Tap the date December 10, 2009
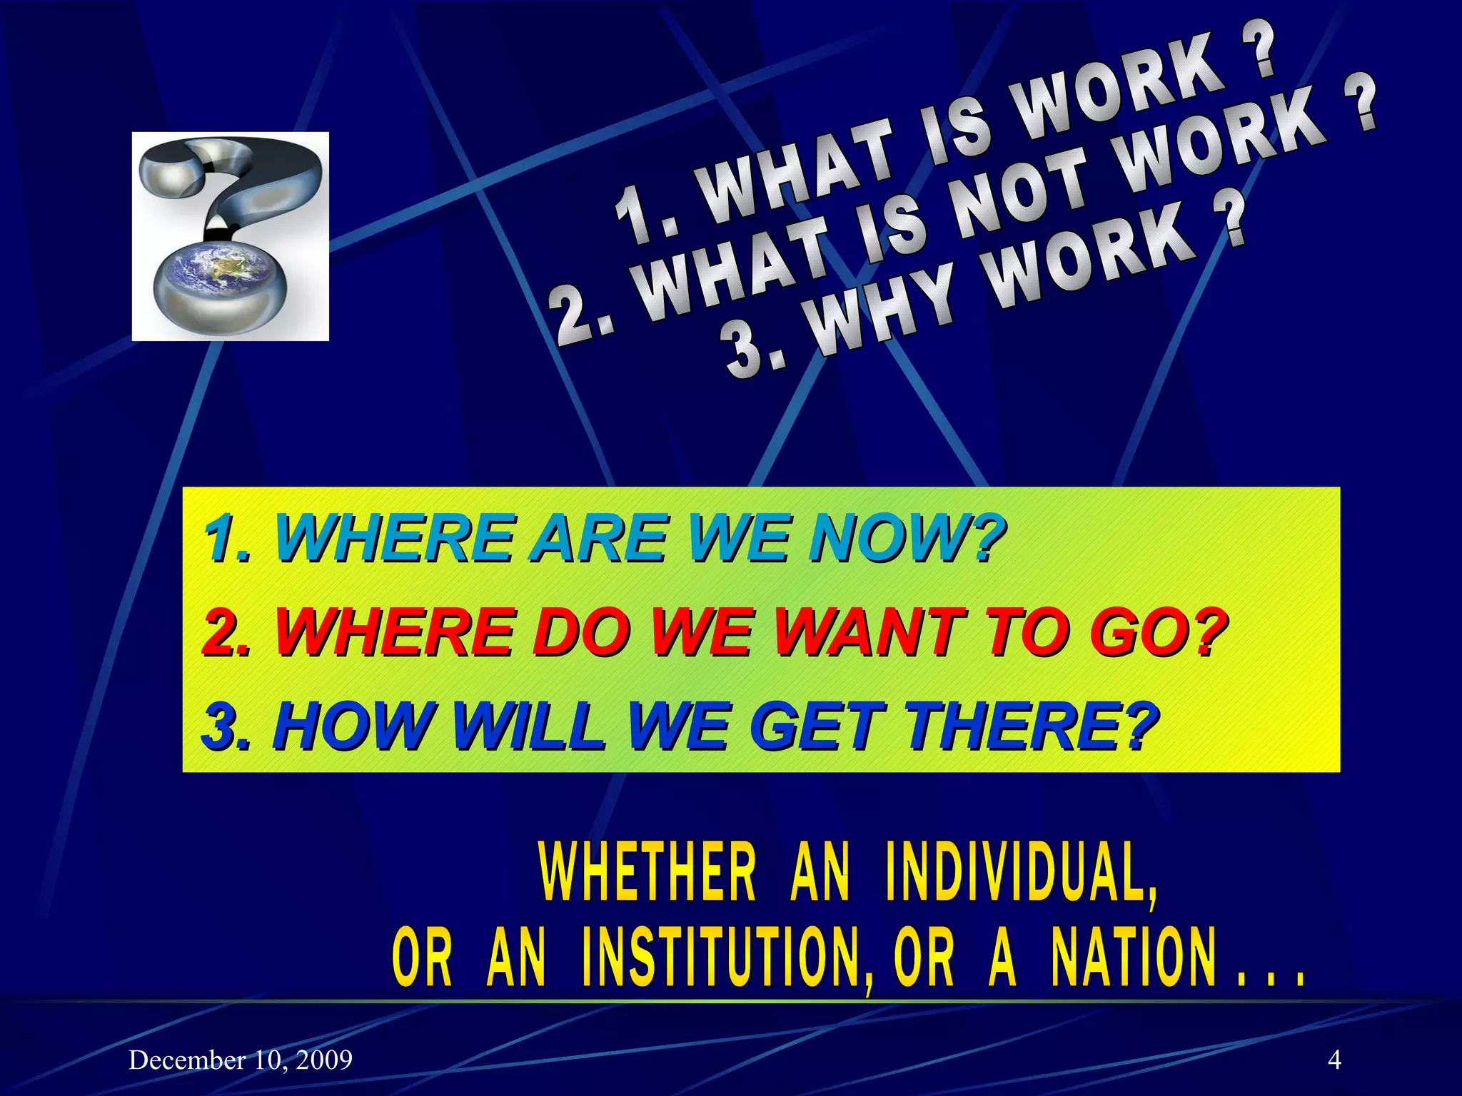pyautogui.click(x=241, y=1060)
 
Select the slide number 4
pyautogui.click(x=1334, y=1060)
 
